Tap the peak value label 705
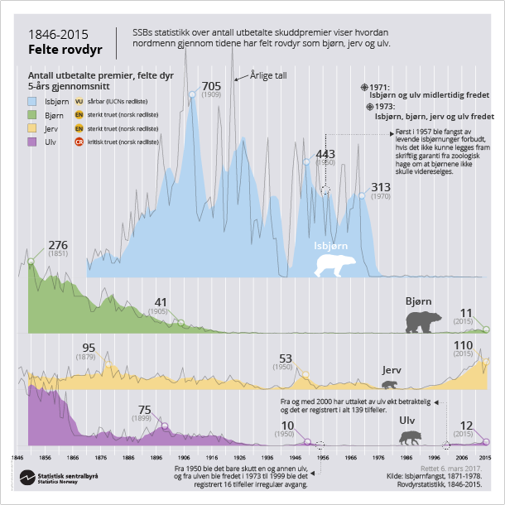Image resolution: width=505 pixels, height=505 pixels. pyautogui.click(x=211, y=86)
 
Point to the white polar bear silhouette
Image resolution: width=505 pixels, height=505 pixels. pyautogui.click(x=335, y=264)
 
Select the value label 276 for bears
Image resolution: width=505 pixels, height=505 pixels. pyautogui.click(x=58, y=245)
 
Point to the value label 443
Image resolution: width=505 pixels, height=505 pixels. pyautogui.click(x=325, y=154)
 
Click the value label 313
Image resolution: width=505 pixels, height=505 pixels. pyautogui.click(x=381, y=186)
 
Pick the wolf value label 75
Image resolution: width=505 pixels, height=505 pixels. pyautogui.click(x=144, y=410)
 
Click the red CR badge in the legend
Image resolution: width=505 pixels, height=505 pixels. pyautogui.click(x=79, y=143)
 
